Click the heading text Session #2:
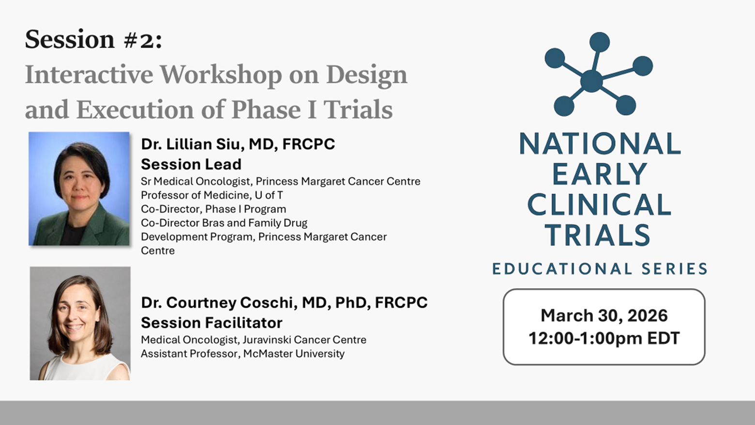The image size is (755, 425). pyautogui.click(x=93, y=39)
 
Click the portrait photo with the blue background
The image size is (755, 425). pyautogui.click(x=79, y=189)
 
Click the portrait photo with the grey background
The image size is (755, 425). pyautogui.click(x=80, y=323)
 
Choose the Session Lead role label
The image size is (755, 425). pyautogui.click(x=191, y=164)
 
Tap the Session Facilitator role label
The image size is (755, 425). pyautogui.click(x=211, y=323)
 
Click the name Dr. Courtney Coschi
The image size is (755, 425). pyautogui.click(x=220, y=302)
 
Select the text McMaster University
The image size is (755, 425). pyautogui.click(x=294, y=354)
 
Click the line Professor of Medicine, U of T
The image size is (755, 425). pyautogui.click(x=211, y=195)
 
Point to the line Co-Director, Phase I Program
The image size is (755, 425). pyautogui.click(x=213, y=209)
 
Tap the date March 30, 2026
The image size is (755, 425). pyautogui.click(x=604, y=315)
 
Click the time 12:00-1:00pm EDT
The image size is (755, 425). pyautogui.click(x=604, y=338)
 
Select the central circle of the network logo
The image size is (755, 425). pyautogui.click(x=591, y=80)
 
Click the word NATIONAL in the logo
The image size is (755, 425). pyautogui.click(x=600, y=144)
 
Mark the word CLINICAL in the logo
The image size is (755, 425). pyautogui.click(x=599, y=205)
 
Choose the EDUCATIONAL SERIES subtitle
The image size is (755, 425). pyautogui.click(x=600, y=268)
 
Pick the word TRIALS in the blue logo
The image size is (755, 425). pyautogui.click(x=598, y=235)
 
